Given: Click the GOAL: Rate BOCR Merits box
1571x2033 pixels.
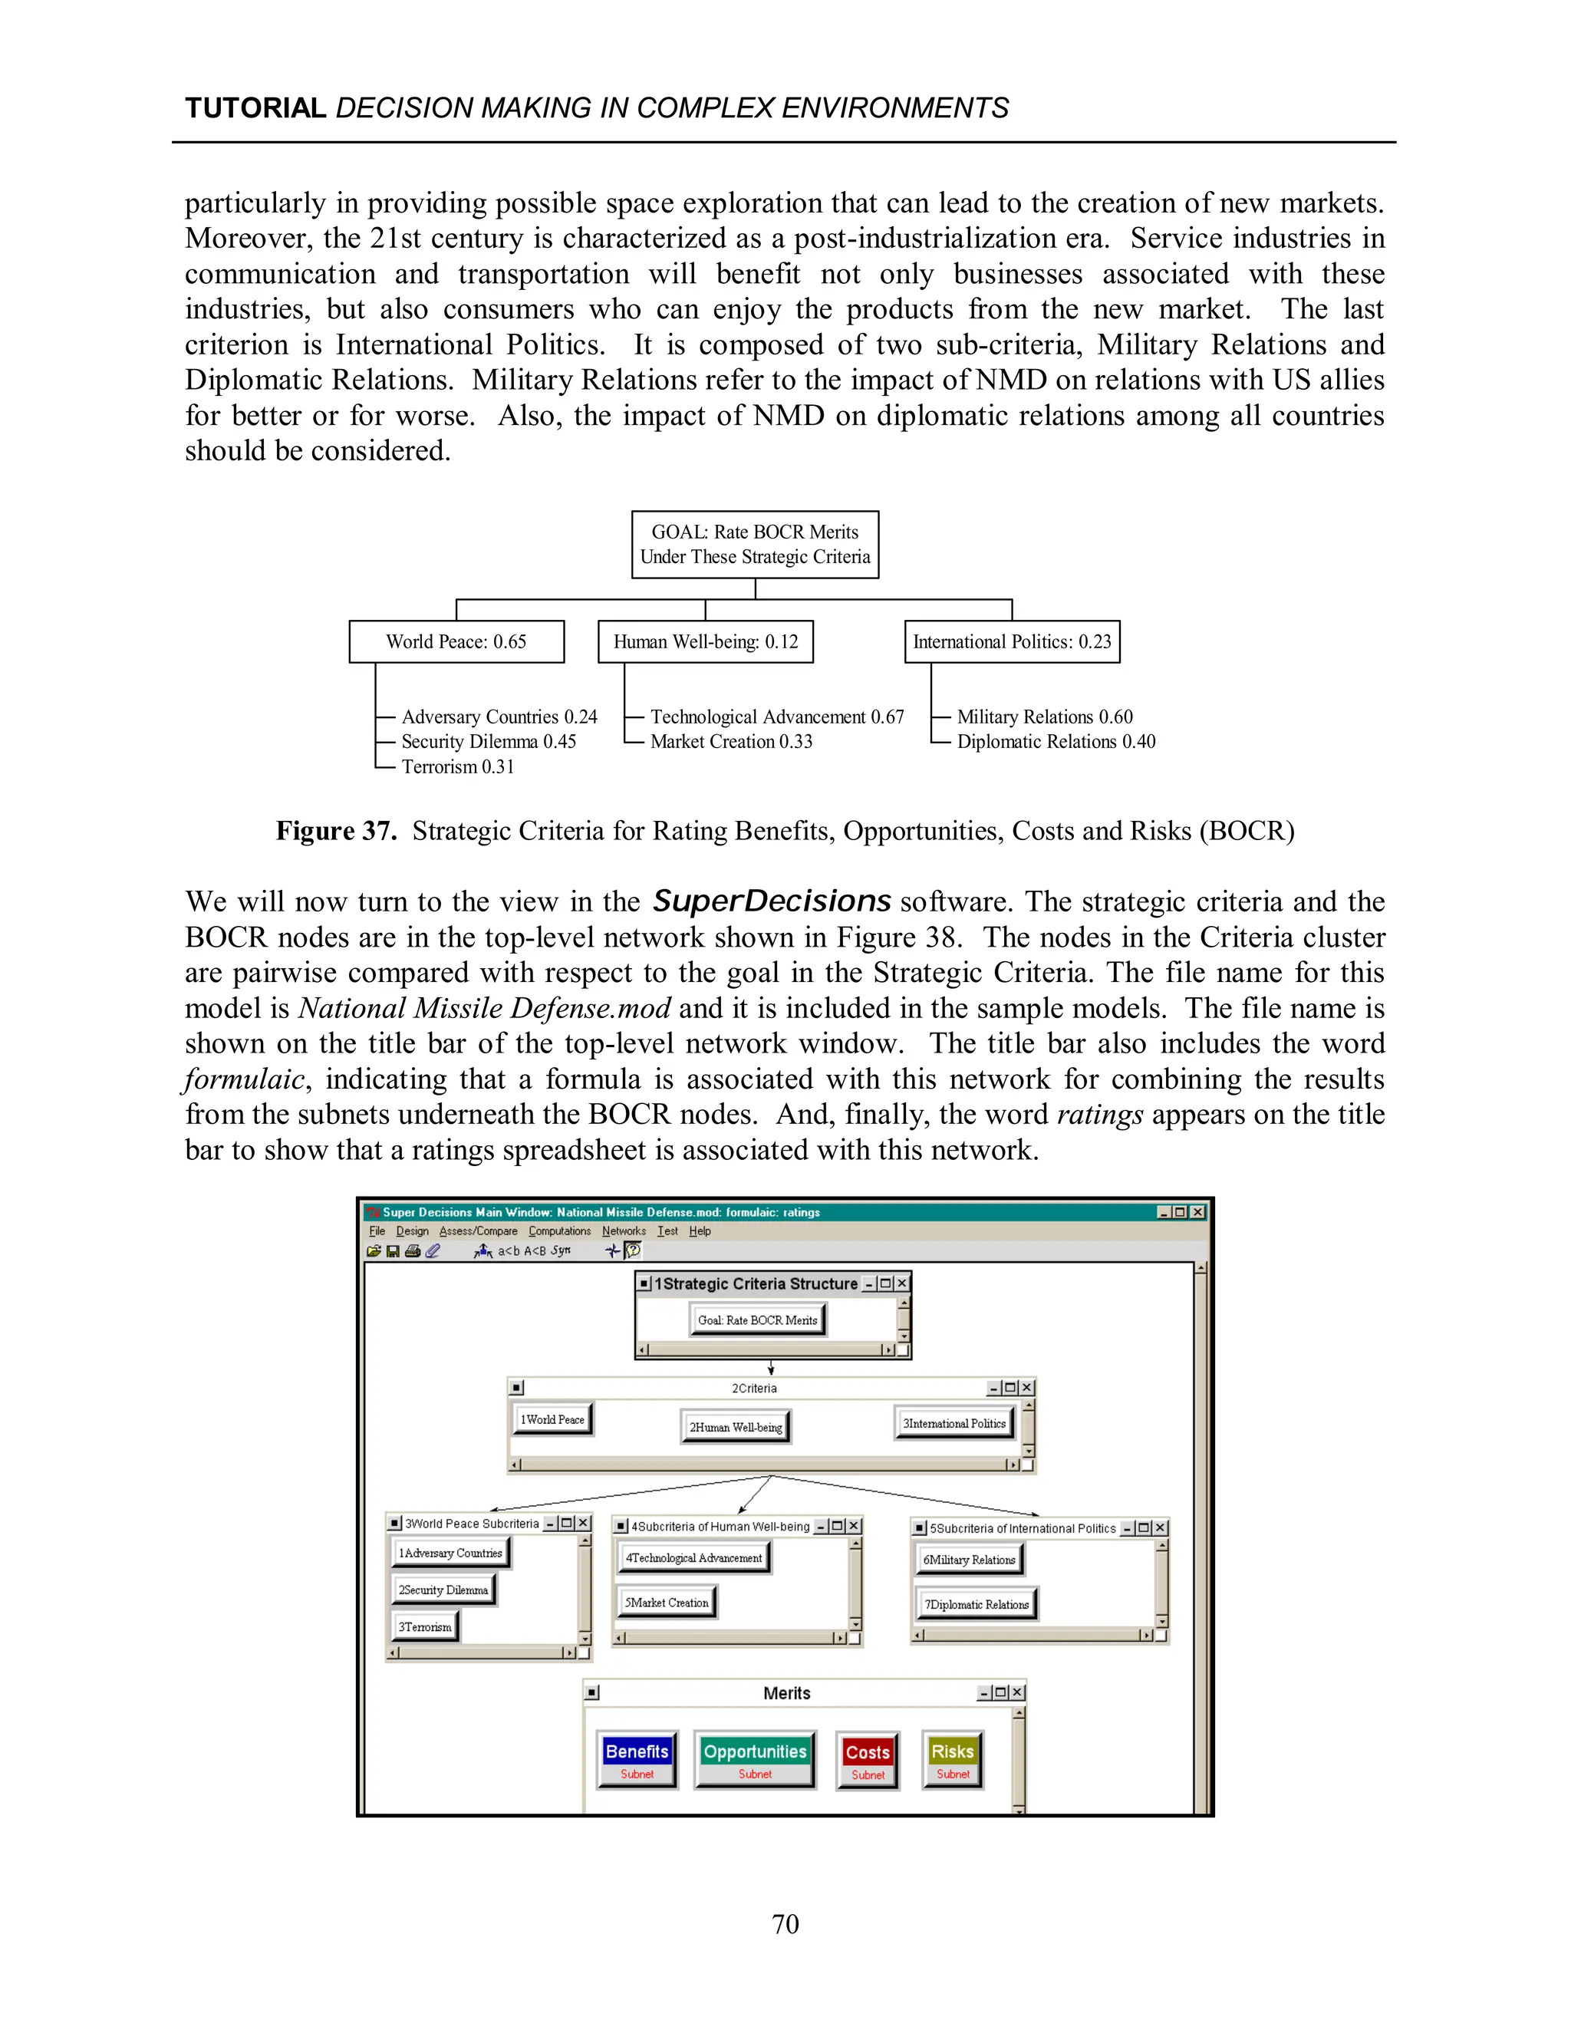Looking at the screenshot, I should click(755, 545).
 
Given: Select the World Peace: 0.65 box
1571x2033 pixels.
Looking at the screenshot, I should click(456, 641).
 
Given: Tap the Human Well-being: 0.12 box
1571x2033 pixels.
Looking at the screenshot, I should click(706, 641).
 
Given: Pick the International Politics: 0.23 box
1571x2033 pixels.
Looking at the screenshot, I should click(1012, 641).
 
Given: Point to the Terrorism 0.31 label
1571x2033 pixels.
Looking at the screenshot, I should click(457, 767).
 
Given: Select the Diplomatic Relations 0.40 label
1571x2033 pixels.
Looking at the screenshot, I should click(1056, 742).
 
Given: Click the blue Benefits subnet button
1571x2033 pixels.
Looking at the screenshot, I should click(637, 1759).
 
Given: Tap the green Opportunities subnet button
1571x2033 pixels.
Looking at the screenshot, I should click(755, 1759).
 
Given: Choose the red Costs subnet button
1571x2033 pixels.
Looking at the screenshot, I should click(868, 1760).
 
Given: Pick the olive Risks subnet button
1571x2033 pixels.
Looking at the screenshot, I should click(952, 1759).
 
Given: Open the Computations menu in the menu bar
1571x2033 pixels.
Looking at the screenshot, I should click(559, 1231).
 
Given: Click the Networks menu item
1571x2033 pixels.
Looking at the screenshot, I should click(624, 1231).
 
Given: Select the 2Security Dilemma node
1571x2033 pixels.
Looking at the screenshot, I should click(443, 1590).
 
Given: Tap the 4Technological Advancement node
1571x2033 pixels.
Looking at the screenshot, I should click(693, 1557).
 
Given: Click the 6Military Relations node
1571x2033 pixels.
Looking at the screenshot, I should click(969, 1559).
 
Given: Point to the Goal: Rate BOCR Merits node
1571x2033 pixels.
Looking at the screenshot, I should click(758, 1320).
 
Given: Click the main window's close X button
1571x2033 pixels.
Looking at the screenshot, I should click(1197, 1212).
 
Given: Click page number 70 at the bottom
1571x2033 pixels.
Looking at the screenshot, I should click(785, 1924).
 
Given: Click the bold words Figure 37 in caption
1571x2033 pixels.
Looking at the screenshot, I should click(336, 830).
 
